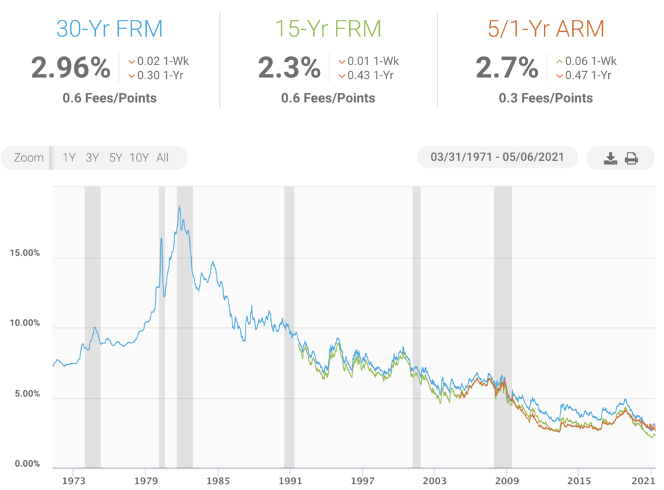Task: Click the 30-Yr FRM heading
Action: tap(110, 29)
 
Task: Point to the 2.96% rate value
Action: tap(70, 68)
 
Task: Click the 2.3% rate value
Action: tap(290, 68)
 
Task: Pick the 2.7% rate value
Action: tap(507, 68)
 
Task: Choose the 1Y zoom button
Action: tap(69, 158)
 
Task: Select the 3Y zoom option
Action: tap(92, 158)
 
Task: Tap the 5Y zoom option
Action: tap(116, 158)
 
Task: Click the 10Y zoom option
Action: tap(139, 158)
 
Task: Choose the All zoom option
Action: tap(163, 158)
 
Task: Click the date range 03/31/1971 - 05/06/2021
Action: tap(497, 157)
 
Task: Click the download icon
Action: tap(610, 158)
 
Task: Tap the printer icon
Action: tap(631, 158)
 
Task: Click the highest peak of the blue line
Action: tap(179, 207)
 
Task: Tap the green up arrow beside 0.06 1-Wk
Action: tap(560, 62)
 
